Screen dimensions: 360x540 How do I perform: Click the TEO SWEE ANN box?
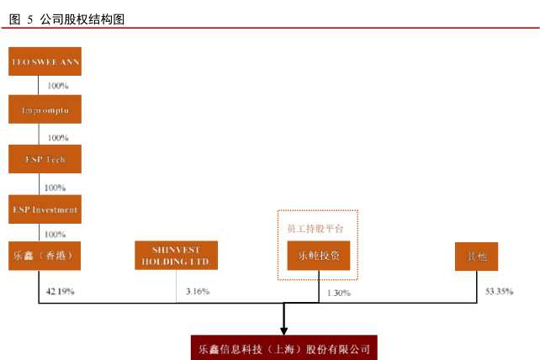pos(45,61)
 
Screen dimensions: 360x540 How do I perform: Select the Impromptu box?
pos(45,110)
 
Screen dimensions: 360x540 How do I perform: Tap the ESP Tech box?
pos(45,159)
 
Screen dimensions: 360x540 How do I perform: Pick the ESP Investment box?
pos(45,209)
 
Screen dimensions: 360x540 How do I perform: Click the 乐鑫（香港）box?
pos(45,256)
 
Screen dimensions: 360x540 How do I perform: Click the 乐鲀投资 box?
pos(318,256)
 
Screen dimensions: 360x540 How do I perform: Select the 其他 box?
pos(476,256)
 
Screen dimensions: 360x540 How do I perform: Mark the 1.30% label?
pos(338,293)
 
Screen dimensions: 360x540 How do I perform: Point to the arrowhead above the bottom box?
pos(284,329)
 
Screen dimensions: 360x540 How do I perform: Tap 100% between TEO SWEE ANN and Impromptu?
pos(58,86)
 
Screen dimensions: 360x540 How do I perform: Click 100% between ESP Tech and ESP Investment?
pos(55,187)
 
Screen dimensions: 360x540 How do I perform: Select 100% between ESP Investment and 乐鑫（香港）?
pos(55,234)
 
